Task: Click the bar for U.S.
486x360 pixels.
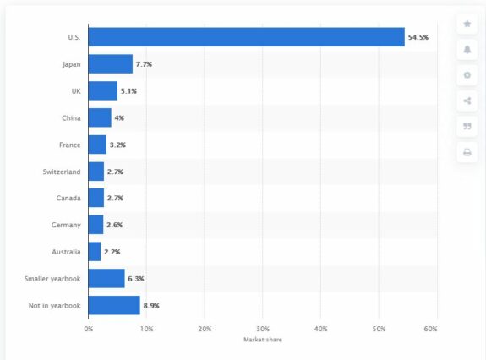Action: click(247, 37)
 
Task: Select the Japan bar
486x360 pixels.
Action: click(111, 64)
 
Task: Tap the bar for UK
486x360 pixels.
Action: click(103, 90)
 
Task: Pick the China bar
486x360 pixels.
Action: click(100, 117)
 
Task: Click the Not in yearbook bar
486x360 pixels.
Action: click(114, 305)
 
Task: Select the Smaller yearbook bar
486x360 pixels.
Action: click(106, 278)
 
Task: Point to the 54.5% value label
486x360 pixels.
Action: click(418, 37)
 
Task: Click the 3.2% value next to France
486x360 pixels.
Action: click(117, 145)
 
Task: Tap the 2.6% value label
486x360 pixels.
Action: click(115, 225)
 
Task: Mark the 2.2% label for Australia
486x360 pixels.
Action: click(112, 252)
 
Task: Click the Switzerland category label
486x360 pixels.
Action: click(62, 172)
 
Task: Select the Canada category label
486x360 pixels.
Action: click(68, 198)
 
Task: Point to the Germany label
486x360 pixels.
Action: click(66, 225)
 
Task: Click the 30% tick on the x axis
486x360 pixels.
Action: click(263, 329)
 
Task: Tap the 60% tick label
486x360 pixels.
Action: click(430, 329)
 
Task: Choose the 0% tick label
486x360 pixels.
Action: click(89, 329)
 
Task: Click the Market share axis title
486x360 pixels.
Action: click(263, 340)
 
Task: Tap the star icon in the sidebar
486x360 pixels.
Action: click(467, 24)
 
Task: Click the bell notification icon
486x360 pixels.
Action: click(467, 49)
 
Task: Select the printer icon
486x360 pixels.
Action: click(467, 152)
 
